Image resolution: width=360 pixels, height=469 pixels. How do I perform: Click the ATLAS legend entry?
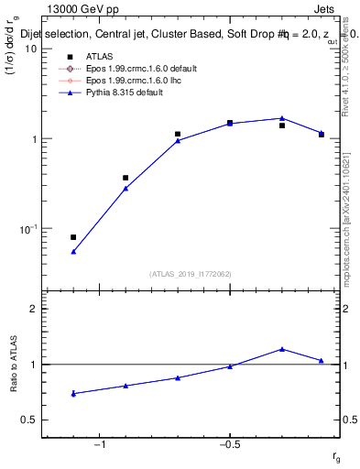[x=100, y=57]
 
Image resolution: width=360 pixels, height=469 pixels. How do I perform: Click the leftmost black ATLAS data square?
[x=73, y=237]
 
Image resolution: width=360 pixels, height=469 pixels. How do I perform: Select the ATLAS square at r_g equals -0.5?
[x=230, y=122]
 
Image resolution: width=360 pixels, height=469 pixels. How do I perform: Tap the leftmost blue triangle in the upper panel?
[x=73, y=251]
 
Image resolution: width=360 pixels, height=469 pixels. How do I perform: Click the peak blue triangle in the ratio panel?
[x=282, y=349]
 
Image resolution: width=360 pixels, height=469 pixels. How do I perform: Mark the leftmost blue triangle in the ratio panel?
[x=73, y=394]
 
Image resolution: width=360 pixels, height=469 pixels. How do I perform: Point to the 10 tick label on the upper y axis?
[x=30, y=49]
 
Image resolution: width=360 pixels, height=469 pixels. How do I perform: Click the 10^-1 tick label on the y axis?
[x=27, y=228]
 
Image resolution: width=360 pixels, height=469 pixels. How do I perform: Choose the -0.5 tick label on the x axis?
[x=229, y=445]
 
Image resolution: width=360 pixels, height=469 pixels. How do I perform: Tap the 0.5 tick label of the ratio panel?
[x=30, y=420]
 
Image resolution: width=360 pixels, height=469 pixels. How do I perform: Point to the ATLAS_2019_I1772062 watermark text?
[x=191, y=274]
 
